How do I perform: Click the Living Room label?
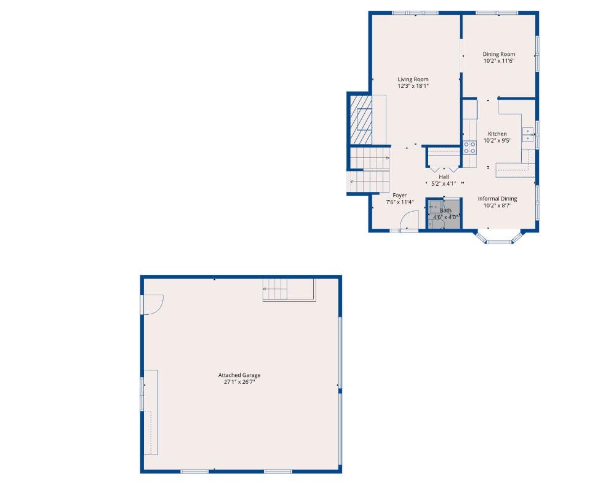pyautogui.click(x=413, y=79)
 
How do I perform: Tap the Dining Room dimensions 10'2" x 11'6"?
pyautogui.click(x=499, y=61)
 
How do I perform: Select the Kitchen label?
pyautogui.click(x=497, y=134)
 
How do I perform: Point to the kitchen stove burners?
pyautogui.click(x=469, y=148)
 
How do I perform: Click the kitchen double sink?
pyautogui.click(x=528, y=135)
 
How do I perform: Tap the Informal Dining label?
pyautogui.click(x=497, y=199)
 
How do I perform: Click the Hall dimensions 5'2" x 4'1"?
pyautogui.click(x=444, y=184)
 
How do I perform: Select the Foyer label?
pyautogui.click(x=400, y=195)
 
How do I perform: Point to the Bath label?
pyautogui.click(x=445, y=210)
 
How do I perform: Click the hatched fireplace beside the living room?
pyautogui.click(x=361, y=120)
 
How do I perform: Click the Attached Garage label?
pyautogui.click(x=239, y=375)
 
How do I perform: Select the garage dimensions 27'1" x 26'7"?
pyautogui.click(x=239, y=382)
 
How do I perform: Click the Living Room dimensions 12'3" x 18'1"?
pyautogui.click(x=413, y=86)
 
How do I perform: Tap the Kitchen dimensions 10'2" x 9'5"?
pyautogui.click(x=497, y=141)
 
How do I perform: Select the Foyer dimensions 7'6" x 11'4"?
pyautogui.click(x=400, y=202)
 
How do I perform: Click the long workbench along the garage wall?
pyautogui.click(x=151, y=412)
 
